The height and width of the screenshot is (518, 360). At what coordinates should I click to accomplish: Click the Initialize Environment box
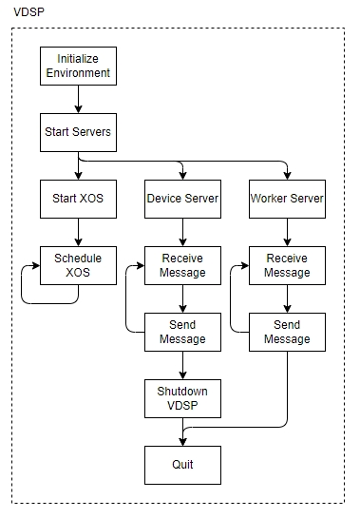click(77, 67)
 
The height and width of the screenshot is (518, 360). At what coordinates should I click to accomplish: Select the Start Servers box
click(77, 133)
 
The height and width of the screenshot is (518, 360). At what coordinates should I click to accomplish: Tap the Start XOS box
click(77, 199)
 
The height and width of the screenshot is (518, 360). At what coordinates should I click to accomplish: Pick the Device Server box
click(181, 199)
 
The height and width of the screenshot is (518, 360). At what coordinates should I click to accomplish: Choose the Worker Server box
click(286, 199)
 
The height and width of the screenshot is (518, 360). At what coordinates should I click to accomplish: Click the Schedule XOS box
click(77, 265)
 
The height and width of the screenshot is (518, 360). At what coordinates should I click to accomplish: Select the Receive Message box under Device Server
click(181, 265)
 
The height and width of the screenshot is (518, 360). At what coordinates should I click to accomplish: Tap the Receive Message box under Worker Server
click(286, 265)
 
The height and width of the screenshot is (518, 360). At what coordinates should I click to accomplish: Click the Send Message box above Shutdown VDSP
click(181, 332)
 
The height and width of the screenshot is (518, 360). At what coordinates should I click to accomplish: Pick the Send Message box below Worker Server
click(286, 332)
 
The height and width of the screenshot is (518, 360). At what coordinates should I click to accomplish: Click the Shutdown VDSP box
click(181, 398)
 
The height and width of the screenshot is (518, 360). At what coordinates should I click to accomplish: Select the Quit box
click(181, 465)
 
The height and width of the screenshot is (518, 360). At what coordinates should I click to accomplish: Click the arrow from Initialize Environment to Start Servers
click(77, 100)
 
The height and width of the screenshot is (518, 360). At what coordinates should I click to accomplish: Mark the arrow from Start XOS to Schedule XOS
click(77, 232)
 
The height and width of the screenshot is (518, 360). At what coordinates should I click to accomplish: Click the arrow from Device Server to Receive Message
click(181, 232)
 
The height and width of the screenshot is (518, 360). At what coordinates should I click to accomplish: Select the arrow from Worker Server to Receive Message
click(286, 232)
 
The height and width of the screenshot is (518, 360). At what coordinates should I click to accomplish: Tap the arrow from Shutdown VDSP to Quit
click(181, 432)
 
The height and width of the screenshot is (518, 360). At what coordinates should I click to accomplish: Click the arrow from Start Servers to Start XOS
click(77, 166)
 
